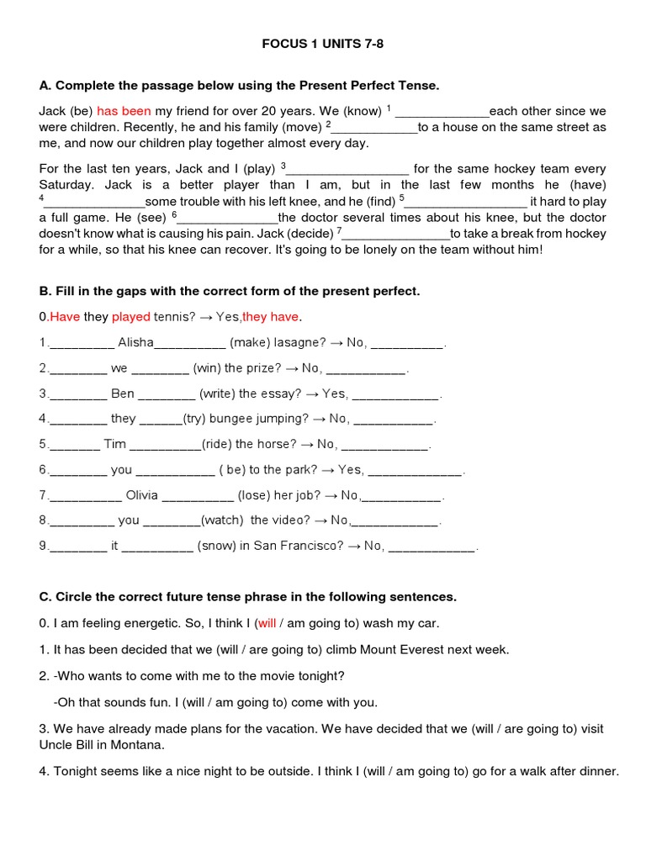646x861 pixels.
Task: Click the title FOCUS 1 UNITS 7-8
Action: [x=323, y=43]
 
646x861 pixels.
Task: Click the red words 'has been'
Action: [x=124, y=111]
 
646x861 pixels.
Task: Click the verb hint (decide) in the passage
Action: [x=310, y=234]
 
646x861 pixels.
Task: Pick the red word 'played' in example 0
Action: [x=131, y=317]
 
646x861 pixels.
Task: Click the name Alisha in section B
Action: [x=135, y=342]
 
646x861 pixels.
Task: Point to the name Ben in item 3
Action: [x=123, y=394]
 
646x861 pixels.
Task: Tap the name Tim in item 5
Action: [x=115, y=444]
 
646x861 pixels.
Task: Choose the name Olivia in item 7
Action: [x=141, y=495]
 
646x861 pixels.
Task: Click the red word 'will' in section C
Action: [x=267, y=623]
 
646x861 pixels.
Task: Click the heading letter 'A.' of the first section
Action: [x=45, y=86]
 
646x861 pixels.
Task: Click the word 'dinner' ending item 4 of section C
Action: [x=596, y=771]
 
